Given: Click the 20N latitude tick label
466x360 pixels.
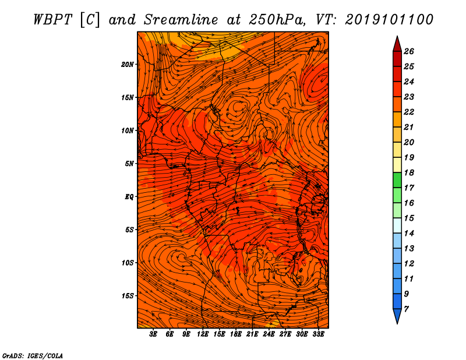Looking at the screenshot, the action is click(127, 65).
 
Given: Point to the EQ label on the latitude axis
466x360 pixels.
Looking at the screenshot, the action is click(129, 197).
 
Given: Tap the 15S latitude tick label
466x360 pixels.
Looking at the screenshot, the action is click(127, 296).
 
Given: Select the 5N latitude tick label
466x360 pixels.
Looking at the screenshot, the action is click(129, 164).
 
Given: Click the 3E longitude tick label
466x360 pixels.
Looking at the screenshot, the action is click(153, 334).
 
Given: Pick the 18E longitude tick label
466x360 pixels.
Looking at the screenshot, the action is click(236, 334).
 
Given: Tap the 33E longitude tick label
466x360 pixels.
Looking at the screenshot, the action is click(318, 334).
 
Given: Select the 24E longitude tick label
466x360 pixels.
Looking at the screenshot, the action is click(269, 334).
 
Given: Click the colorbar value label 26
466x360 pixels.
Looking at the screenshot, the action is click(409, 51).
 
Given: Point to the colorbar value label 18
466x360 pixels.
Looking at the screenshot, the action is click(409, 172).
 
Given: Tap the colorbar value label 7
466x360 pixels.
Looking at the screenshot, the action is click(406, 309).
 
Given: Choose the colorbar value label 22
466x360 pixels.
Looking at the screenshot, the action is click(409, 112).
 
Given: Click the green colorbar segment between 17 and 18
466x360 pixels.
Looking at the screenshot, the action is click(397, 180).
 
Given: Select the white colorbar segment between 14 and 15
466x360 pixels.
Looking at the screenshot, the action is click(397, 225).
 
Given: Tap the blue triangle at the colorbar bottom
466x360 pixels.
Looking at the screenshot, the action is click(397, 315).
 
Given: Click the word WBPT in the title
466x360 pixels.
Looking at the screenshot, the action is click(53, 20).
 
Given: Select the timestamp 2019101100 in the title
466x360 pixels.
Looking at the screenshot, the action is click(389, 20).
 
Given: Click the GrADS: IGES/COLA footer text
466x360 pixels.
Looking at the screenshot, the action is click(33, 356).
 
